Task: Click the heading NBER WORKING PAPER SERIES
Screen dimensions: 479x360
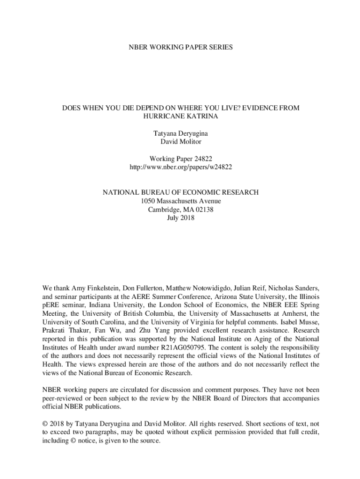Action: coord(180,47)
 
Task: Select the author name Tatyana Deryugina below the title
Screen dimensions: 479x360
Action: coord(180,134)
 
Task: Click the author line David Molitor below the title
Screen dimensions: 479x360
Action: coord(180,142)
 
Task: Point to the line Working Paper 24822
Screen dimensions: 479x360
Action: coord(180,159)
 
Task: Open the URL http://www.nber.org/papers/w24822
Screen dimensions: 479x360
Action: coord(180,167)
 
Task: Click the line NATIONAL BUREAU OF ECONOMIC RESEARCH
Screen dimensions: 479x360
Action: coord(180,193)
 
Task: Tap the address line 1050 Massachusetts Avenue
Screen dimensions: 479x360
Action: coord(180,201)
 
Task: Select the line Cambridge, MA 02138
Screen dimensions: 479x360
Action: coord(180,210)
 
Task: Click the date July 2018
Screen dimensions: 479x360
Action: coord(180,218)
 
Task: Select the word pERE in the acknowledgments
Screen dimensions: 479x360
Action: coord(51,305)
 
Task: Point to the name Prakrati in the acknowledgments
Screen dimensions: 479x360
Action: coord(55,330)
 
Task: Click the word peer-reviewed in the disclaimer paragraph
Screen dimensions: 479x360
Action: coord(62,398)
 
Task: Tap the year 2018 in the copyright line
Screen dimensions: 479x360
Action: coord(58,424)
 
